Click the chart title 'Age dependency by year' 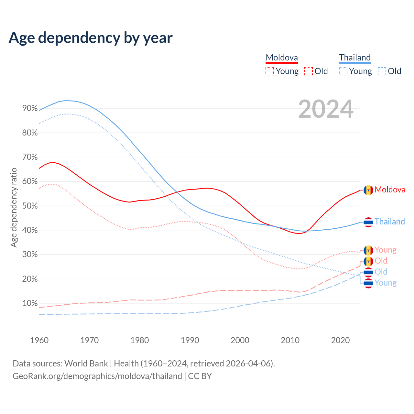[x=91, y=38]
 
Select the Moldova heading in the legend [x=282, y=58]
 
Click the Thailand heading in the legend [x=355, y=58]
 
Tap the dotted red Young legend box [x=270, y=71]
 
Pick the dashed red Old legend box [x=309, y=71]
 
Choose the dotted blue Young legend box [x=343, y=71]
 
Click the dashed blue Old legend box [x=382, y=71]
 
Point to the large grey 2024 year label [x=326, y=109]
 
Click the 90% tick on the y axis [x=30, y=108]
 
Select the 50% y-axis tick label [x=30, y=206]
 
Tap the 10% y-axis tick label [x=30, y=303]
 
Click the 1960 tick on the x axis [x=39, y=340]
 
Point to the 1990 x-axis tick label [x=190, y=340]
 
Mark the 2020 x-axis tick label [x=340, y=340]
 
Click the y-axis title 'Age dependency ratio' [x=14, y=207]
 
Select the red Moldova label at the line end [x=390, y=190]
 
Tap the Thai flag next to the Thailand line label [x=368, y=222]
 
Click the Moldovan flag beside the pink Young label [x=368, y=250]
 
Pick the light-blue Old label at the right [x=381, y=272]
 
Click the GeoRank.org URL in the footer [x=97, y=376]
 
